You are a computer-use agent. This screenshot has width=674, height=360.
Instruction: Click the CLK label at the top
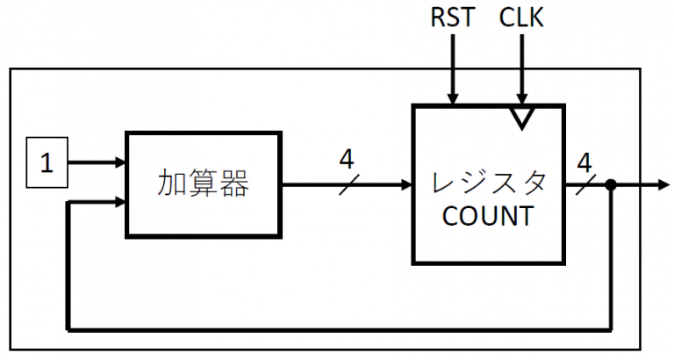[x=521, y=18]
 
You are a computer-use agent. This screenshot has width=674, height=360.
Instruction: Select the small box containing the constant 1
[x=47, y=163]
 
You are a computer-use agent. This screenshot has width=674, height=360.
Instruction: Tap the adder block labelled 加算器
[x=204, y=184]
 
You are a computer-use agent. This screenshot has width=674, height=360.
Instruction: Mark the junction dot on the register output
[x=610, y=185]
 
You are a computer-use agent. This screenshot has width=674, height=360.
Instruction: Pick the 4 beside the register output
[x=584, y=162]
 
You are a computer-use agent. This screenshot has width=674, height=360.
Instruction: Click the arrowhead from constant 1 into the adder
[x=118, y=162]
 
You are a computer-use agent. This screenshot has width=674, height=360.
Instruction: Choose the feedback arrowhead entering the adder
[x=118, y=204]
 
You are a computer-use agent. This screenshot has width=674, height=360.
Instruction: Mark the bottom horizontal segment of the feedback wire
[x=333, y=330]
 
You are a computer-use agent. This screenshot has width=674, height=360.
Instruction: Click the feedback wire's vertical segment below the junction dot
[x=610, y=263]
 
